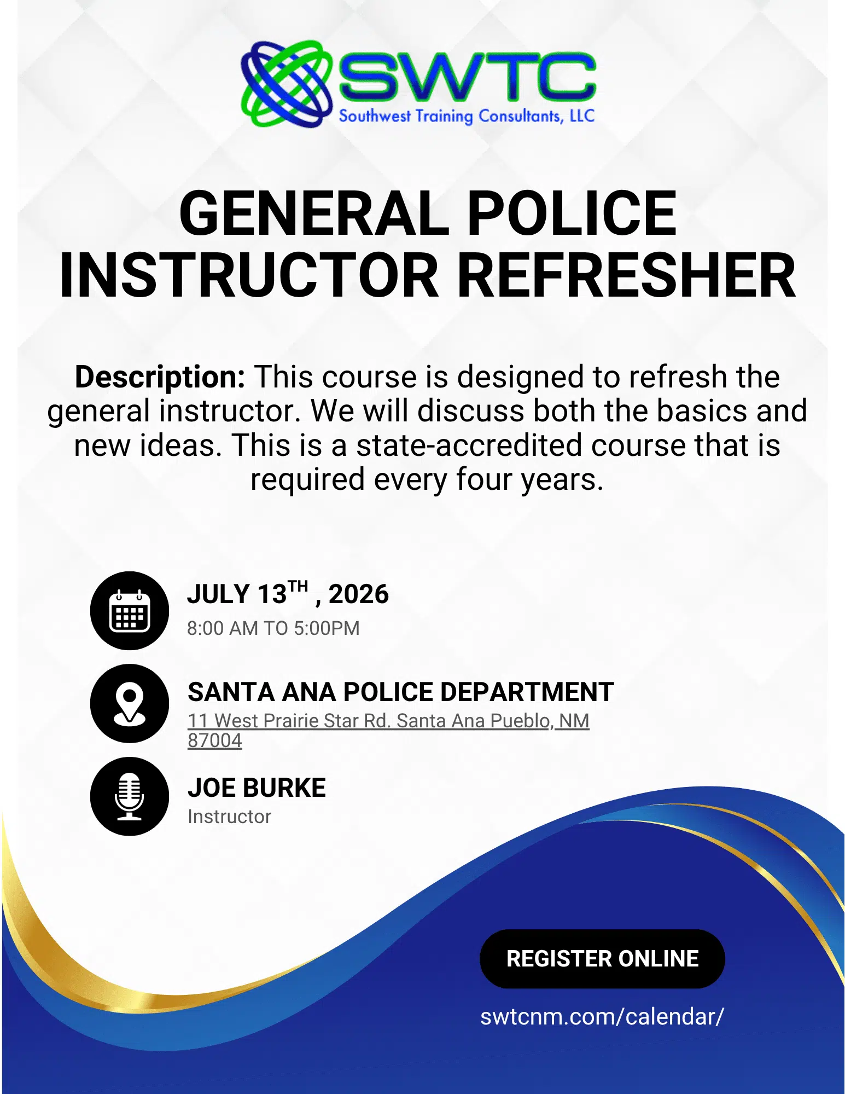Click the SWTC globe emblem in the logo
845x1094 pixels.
pos(287,84)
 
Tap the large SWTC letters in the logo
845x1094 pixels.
pos(467,77)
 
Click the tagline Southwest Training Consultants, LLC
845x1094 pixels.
pos(467,116)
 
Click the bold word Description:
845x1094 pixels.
pos(160,377)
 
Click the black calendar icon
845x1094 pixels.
pos(130,611)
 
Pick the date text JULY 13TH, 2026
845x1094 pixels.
pos(288,593)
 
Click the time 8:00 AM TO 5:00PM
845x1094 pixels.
pos(273,628)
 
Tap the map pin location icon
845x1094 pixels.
pos(130,703)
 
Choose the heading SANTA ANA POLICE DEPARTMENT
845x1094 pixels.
pos(401,692)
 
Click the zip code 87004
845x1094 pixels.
pos(214,740)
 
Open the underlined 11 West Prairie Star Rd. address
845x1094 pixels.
pos(388,721)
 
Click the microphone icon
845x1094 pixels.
pos(130,796)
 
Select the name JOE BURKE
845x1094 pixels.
pos(257,788)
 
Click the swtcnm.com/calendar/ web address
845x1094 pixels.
pos(602,1017)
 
